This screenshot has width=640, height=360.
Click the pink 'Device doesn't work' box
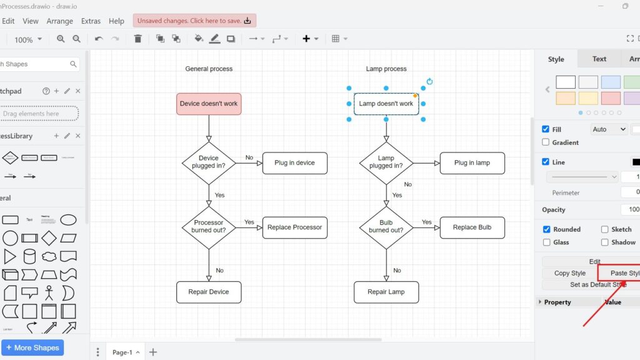(209, 104)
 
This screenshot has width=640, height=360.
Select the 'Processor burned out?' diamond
(209, 227)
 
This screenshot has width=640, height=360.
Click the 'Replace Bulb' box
(472, 227)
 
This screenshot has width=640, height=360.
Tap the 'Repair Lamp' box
(386, 292)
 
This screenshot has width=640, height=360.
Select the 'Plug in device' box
(294, 163)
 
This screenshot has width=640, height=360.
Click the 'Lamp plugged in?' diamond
(386, 162)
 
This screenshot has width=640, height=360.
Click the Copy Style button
(569, 273)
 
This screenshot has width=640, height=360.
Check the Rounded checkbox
(547, 229)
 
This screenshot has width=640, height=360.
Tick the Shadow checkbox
(604, 242)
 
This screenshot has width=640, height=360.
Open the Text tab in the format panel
(599, 59)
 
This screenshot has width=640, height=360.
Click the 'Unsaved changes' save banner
(194, 21)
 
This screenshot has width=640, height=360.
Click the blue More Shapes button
(32, 347)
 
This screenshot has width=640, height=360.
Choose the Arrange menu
(60, 21)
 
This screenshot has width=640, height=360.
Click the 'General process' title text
(209, 69)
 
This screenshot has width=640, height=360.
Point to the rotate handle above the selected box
(429, 81)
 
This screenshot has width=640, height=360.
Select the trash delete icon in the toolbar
(138, 39)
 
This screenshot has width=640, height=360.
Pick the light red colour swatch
(611, 98)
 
